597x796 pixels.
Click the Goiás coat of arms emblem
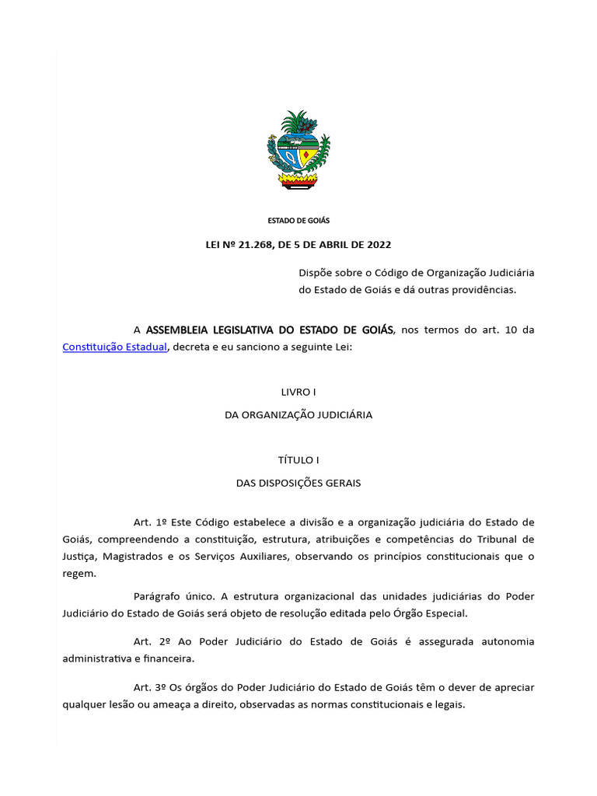[x=298, y=149]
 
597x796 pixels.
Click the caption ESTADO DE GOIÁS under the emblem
[x=298, y=221]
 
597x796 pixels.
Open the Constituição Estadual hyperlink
[x=114, y=347]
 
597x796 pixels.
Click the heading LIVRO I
[x=298, y=393]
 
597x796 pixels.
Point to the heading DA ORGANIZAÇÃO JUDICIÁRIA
[x=298, y=415]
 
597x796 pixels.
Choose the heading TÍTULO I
[x=298, y=460]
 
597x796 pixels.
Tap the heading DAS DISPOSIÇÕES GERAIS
[x=298, y=483]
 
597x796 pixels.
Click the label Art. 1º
[x=148, y=522]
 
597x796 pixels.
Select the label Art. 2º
[x=148, y=642]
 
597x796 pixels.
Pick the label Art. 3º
[x=148, y=688]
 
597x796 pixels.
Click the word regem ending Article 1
[x=78, y=574]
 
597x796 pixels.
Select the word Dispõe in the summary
[x=316, y=273]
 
